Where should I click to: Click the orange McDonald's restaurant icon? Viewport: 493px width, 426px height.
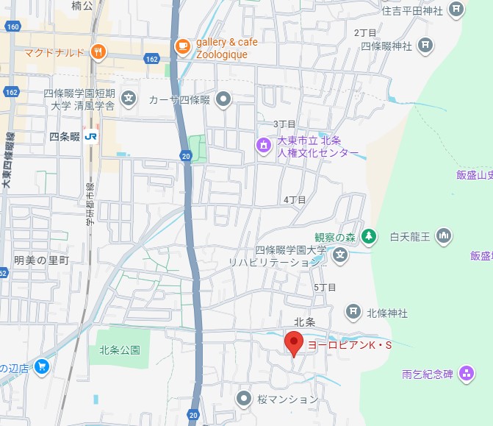point(97,52)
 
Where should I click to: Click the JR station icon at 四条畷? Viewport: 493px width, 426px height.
point(91,136)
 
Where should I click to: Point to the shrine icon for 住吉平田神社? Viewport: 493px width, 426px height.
point(457,10)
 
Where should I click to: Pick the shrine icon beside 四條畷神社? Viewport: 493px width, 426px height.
point(425,46)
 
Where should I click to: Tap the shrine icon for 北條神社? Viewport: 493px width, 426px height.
point(353,312)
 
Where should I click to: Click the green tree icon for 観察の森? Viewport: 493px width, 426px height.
point(371,236)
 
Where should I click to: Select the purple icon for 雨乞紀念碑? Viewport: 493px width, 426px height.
point(466,374)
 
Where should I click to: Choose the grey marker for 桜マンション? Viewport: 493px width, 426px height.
point(245,398)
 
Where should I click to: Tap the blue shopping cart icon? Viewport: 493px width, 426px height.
point(42,366)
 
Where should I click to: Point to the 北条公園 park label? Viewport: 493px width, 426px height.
point(119,350)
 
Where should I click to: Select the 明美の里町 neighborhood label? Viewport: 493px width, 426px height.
point(41,260)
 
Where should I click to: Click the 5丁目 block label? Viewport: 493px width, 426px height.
point(324,287)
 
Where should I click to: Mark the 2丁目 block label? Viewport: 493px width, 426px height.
point(365,32)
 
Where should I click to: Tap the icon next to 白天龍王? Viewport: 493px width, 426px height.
point(443,236)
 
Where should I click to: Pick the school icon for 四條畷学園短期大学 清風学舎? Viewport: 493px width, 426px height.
point(129,98)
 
